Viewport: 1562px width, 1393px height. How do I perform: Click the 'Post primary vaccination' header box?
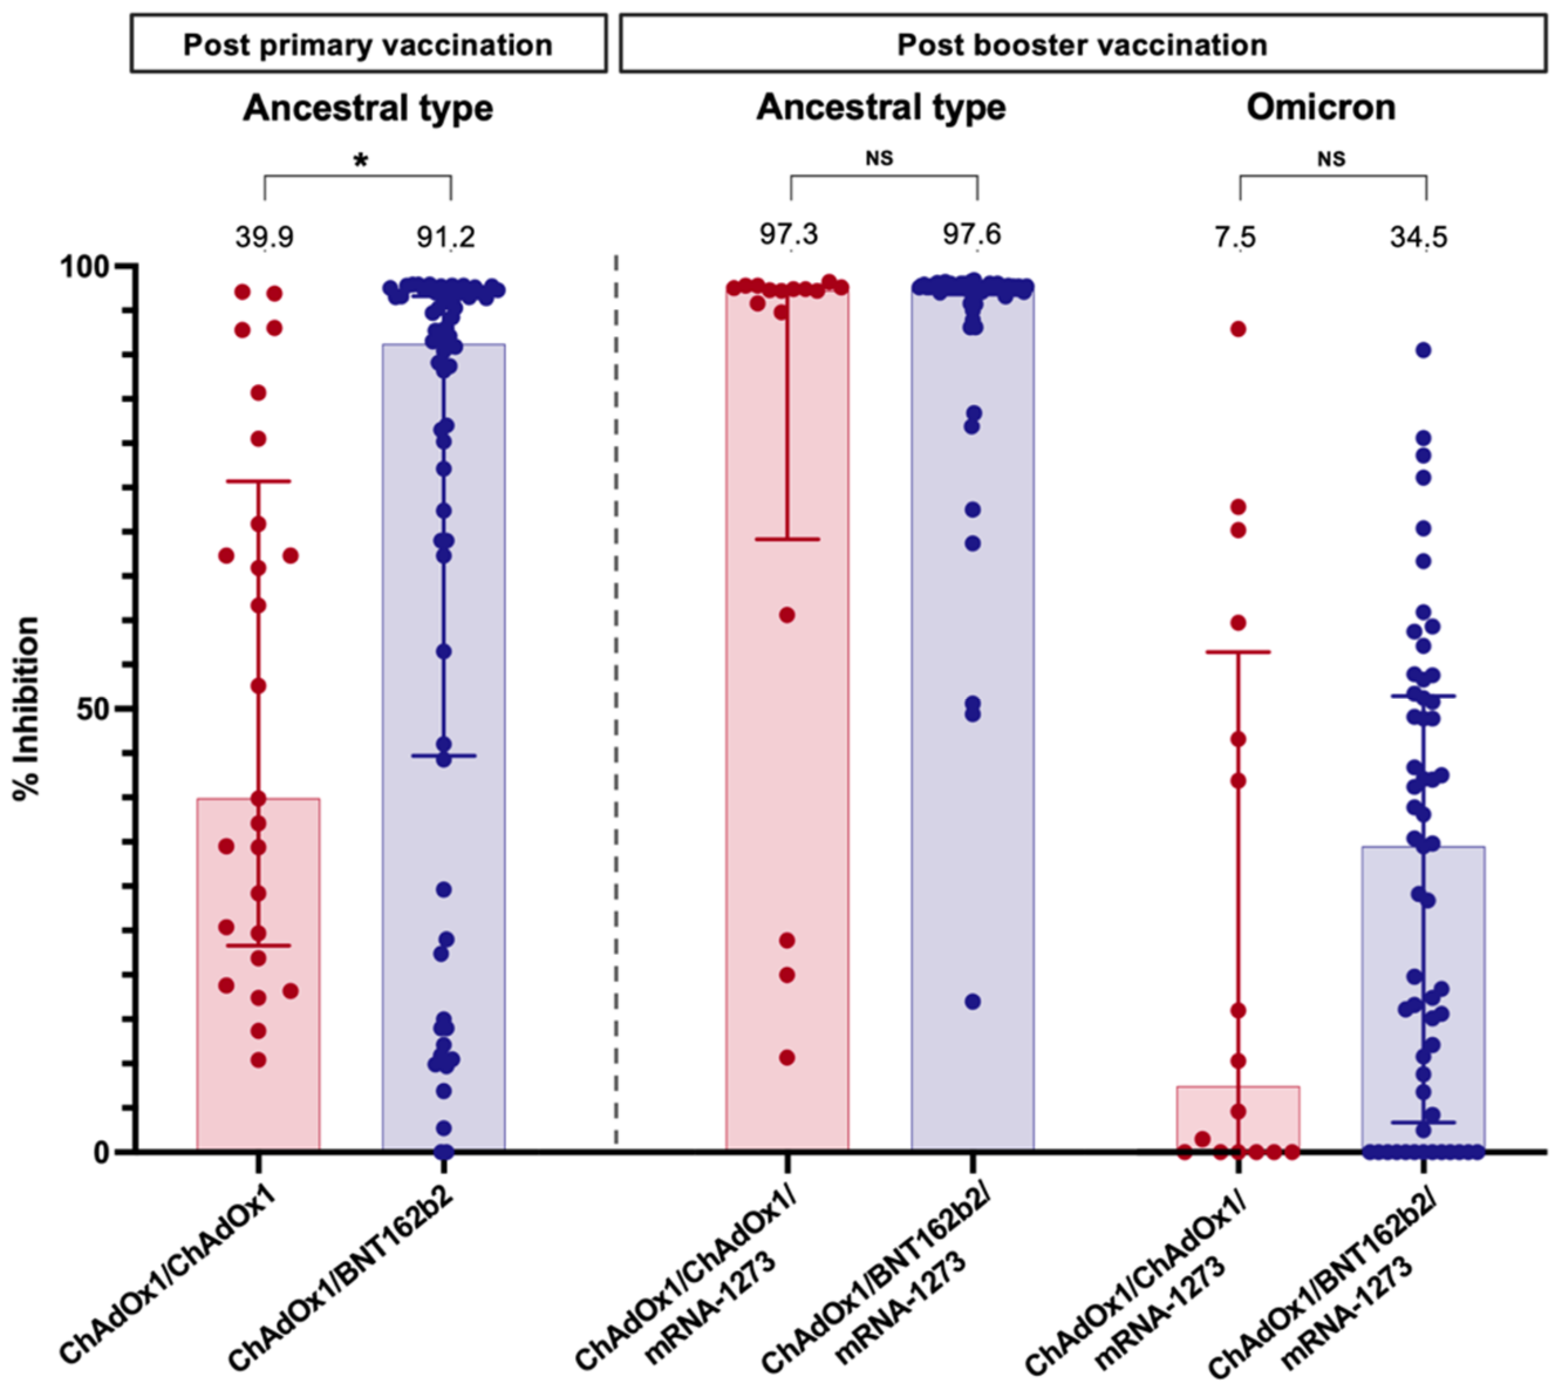pyautogui.click(x=368, y=45)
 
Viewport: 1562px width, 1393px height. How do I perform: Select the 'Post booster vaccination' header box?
pyautogui.click(x=1082, y=45)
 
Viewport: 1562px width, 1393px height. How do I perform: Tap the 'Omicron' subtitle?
pyautogui.click(x=1321, y=107)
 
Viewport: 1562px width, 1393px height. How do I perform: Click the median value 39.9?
pyautogui.click(x=264, y=237)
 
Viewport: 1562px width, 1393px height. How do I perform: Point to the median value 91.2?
pyautogui.click(x=445, y=237)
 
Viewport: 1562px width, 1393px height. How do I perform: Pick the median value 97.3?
pyautogui.click(x=788, y=234)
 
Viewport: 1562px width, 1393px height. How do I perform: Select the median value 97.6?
pyautogui.click(x=972, y=234)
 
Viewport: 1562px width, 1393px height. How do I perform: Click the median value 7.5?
pyautogui.click(x=1235, y=237)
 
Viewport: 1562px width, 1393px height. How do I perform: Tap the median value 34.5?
pyautogui.click(x=1419, y=237)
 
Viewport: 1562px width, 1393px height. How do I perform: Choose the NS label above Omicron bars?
pyautogui.click(x=1331, y=158)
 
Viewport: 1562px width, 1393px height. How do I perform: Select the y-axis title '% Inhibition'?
pyautogui.click(x=27, y=709)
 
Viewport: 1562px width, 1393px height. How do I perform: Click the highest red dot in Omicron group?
pyautogui.click(x=1237, y=329)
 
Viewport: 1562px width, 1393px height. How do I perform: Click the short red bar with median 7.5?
pyautogui.click(x=1237, y=1118)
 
